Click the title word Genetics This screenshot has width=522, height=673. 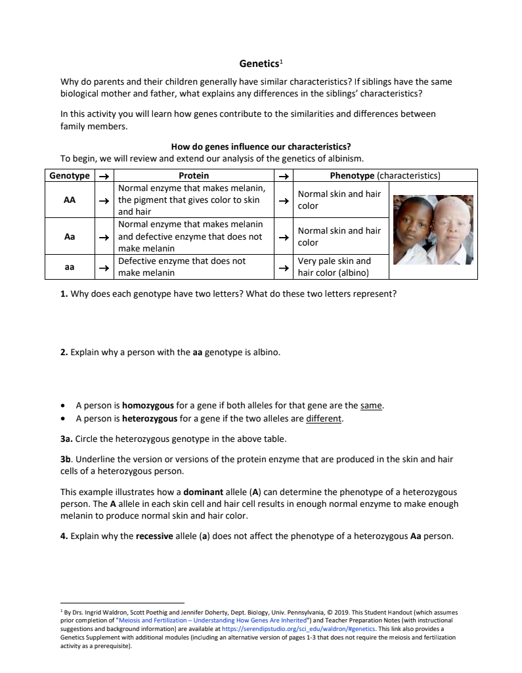tap(259, 64)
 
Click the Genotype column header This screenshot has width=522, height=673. tap(70, 175)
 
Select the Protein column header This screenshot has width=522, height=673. tap(194, 175)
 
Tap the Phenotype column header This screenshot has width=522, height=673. tap(385, 175)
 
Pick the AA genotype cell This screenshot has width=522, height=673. tap(70, 200)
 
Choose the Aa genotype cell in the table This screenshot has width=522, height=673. tap(70, 236)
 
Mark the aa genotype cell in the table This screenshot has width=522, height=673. tap(70, 267)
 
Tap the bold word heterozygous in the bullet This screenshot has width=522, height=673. tap(149, 418)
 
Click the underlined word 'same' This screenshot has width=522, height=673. tap(371, 406)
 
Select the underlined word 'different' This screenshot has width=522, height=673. tap(324, 418)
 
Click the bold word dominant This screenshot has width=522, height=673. tap(204, 492)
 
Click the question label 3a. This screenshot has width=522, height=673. tap(67, 439)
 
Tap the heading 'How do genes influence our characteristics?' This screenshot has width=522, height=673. tap(261, 146)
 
